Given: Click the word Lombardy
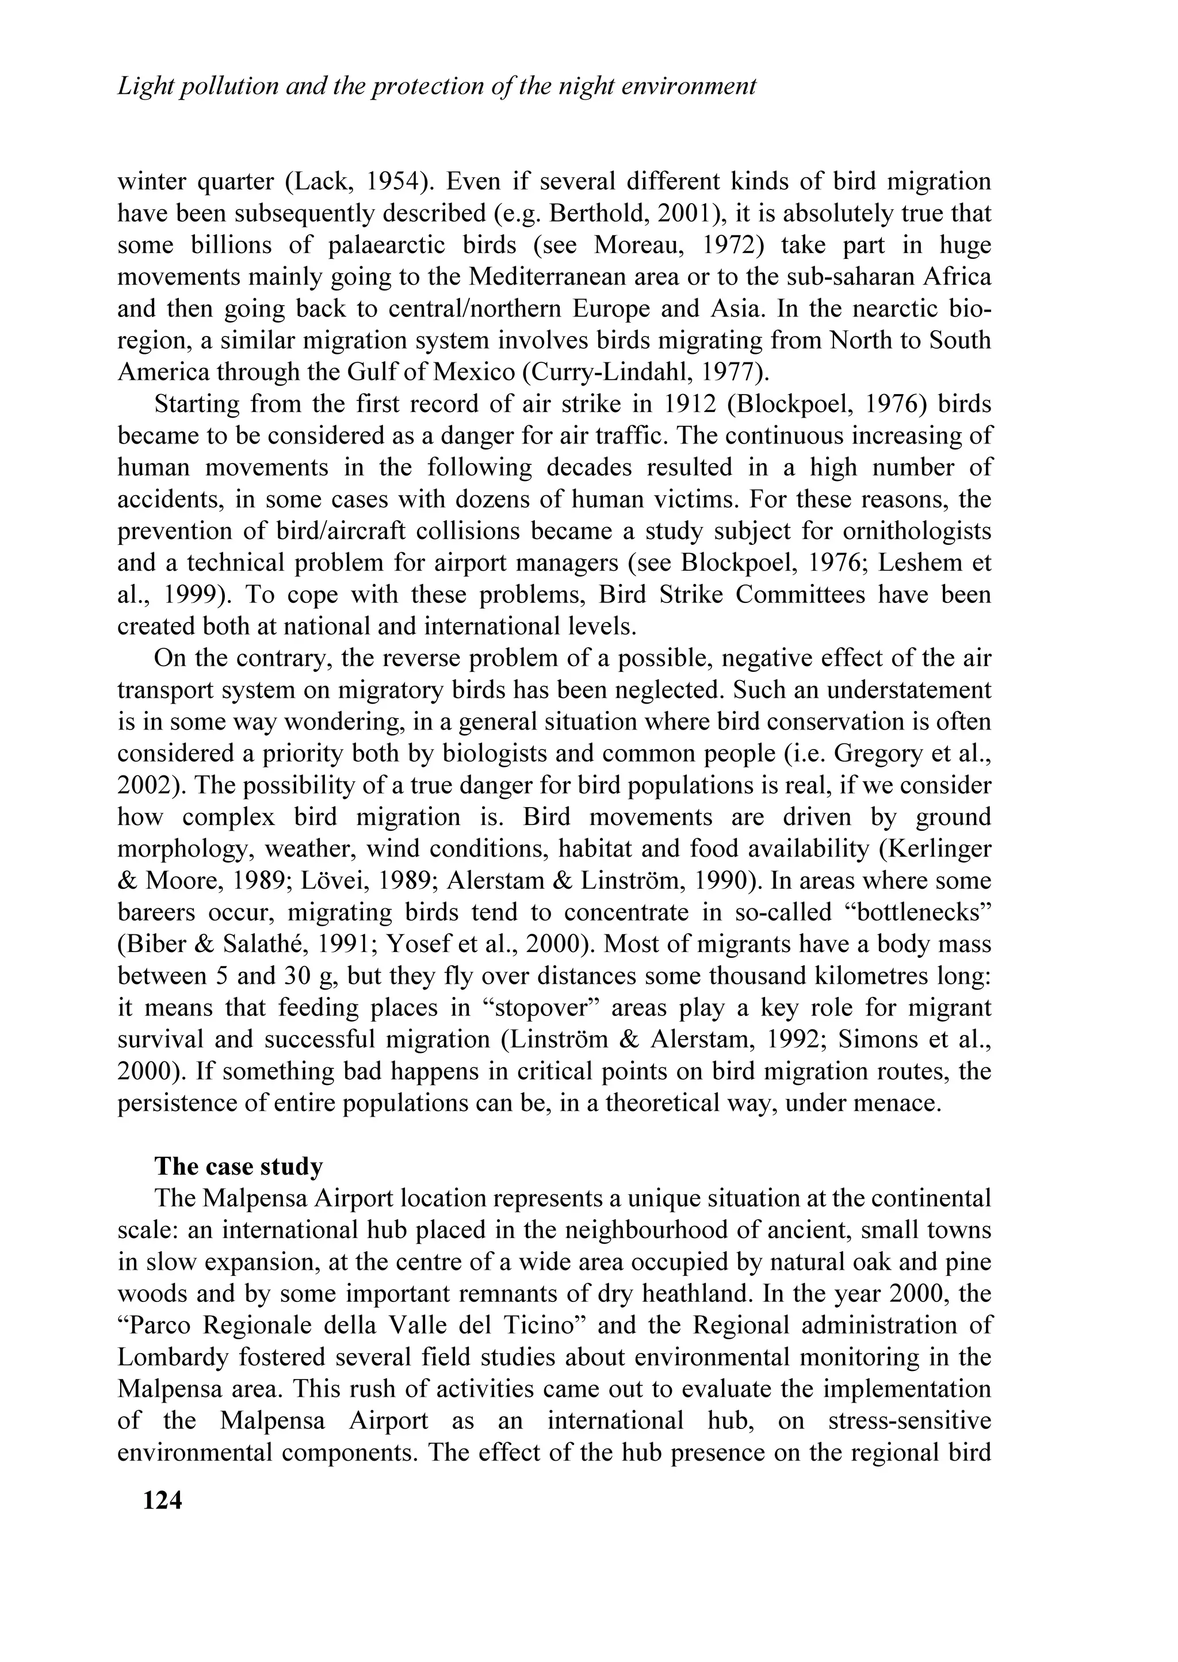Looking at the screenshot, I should pyautogui.click(x=166, y=1357).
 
